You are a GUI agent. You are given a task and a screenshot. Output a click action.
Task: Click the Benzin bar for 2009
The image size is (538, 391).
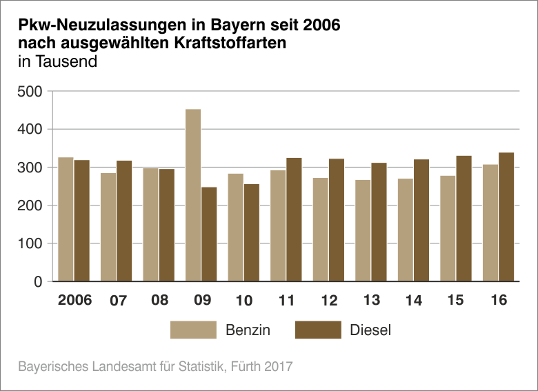193,195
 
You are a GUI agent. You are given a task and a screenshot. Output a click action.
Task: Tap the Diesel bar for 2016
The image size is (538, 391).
507,217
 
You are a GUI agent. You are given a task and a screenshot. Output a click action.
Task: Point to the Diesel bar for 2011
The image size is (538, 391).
295,219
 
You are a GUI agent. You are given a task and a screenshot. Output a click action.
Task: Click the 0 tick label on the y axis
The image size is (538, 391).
39,281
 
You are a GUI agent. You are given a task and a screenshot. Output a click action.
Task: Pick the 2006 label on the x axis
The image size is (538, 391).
74,301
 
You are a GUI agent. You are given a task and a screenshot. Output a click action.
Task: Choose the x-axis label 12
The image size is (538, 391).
329,301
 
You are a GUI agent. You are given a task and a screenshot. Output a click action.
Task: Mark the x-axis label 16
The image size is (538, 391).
499,301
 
